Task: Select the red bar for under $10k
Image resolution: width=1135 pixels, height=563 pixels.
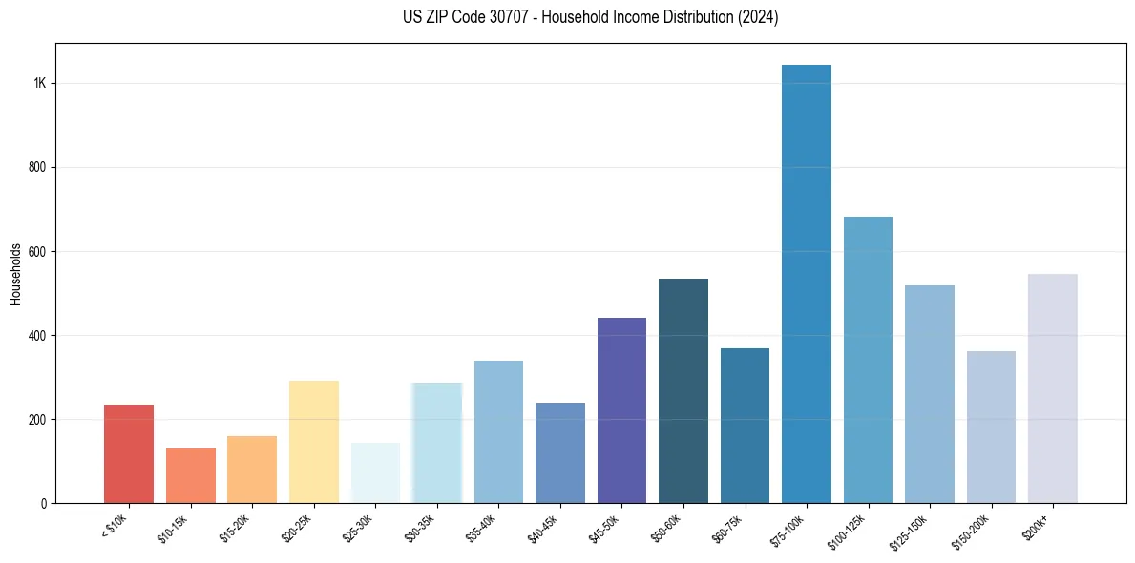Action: tap(129, 454)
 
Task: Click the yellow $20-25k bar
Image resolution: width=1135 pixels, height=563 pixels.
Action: tap(314, 442)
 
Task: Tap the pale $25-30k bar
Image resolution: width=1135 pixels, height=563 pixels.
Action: tap(375, 472)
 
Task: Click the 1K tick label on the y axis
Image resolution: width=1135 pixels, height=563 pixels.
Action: tap(39, 83)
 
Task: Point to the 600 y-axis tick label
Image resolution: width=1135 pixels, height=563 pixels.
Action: tap(35, 252)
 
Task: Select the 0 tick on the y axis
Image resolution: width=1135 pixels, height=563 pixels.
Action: tap(43, 503)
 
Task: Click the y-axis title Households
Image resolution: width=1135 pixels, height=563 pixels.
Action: tap(15, 274)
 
